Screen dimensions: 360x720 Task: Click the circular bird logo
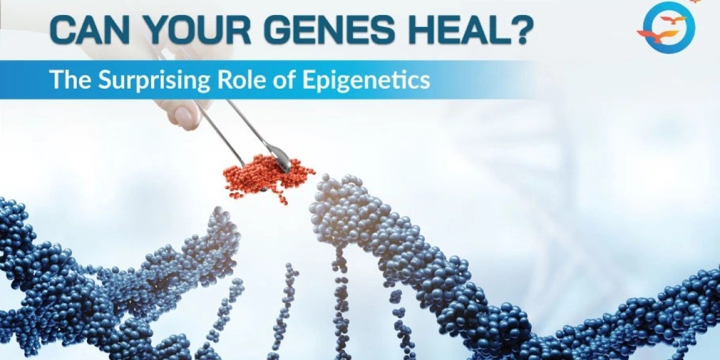(665, 28)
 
